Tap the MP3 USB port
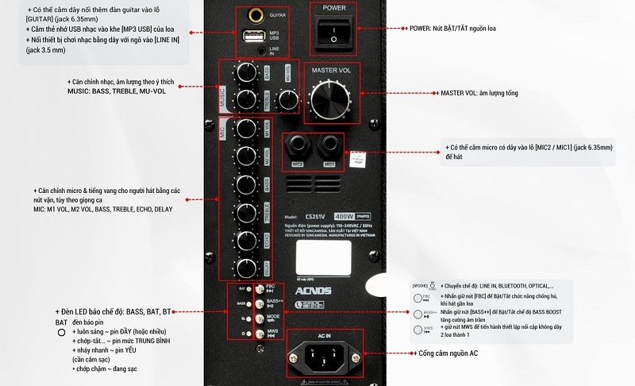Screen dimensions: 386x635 point(253,36)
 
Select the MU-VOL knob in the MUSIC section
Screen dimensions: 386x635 point(274,73)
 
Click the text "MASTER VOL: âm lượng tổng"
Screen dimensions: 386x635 point(479,93)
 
